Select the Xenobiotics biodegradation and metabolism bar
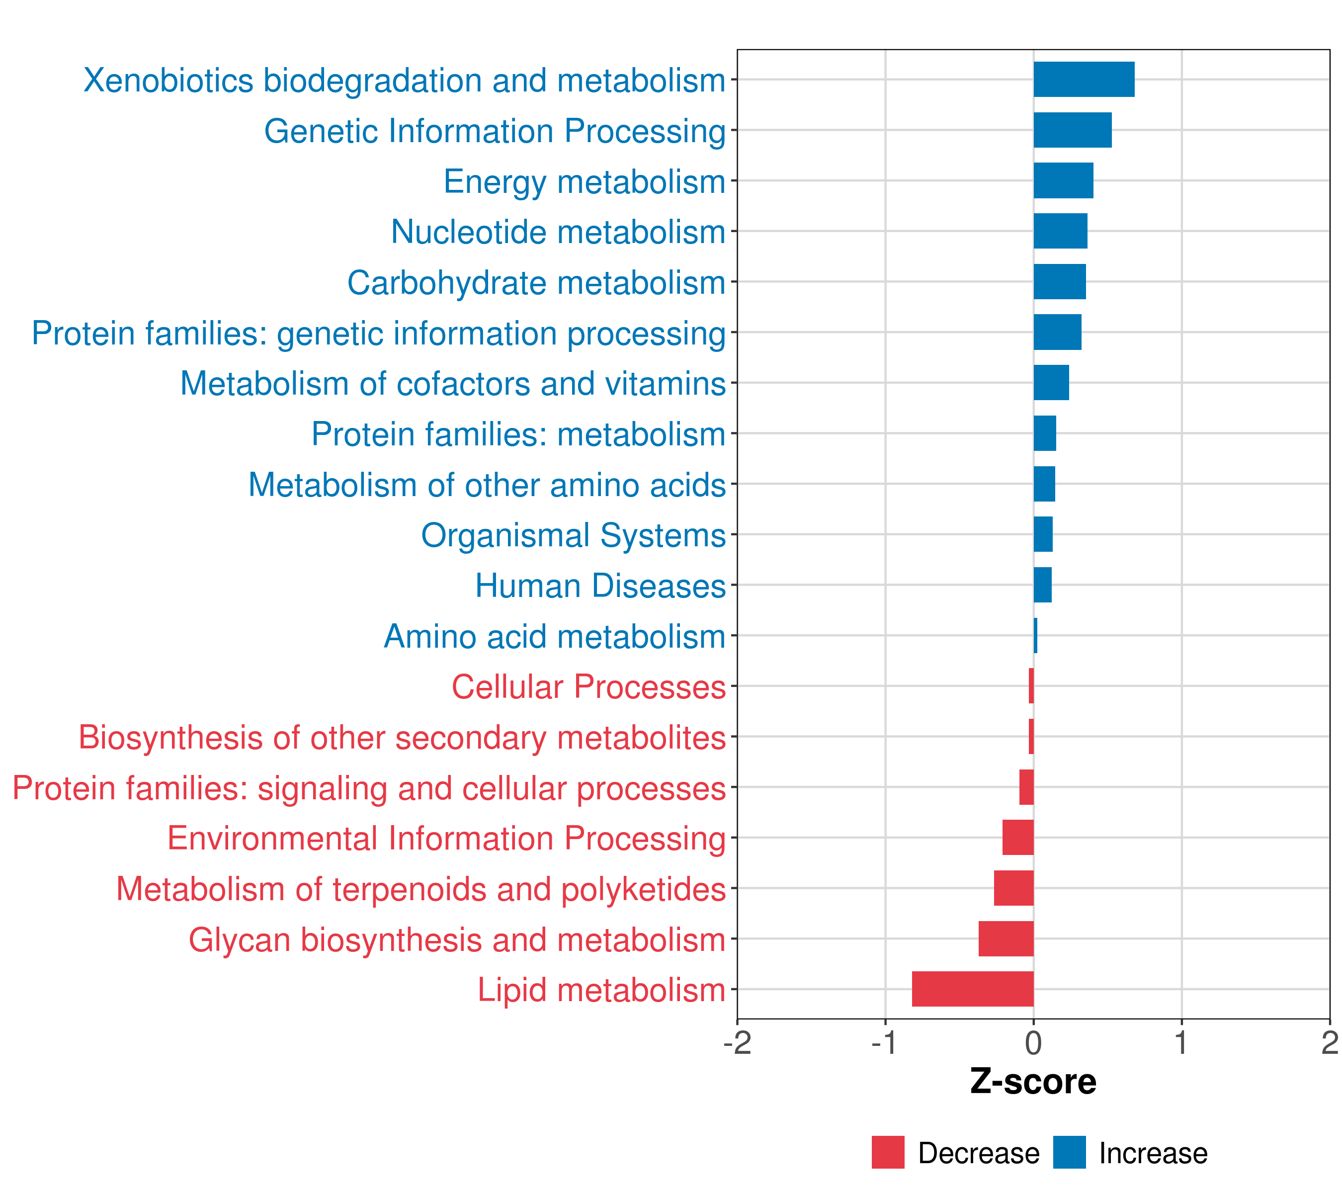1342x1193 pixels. (x=1084, y=80)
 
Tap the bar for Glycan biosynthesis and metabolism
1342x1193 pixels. (x=1006, y=938)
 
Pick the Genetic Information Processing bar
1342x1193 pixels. (x=1072, y=130)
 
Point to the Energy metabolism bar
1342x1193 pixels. (x=1063, y=180)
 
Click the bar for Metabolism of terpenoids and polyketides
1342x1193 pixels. (x=1014, y=888)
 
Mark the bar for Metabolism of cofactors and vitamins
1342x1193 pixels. (x=1051, y=383)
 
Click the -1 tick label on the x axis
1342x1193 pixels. (x=884, y=1043)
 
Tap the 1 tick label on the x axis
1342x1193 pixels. (x=1181, y=1043)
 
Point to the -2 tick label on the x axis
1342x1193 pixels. (x=737, y=1043)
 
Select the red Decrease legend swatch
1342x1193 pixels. (x=888, y=1152)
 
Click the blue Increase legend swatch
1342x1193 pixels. (x=1069, y=1152)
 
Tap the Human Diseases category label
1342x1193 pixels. (x=600, y=586)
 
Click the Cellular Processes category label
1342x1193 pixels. (x=588, y=687)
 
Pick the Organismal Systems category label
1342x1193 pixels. (x=573, y=535)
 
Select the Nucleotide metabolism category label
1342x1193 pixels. (x=558, y=232)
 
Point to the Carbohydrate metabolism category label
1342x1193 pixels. (x=536, y=282)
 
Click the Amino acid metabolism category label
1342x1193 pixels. (x=554, y=636)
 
